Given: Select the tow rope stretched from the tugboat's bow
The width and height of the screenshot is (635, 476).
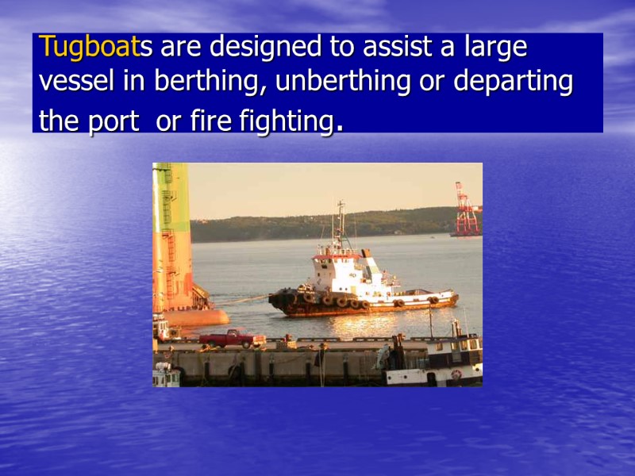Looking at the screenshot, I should (x=241, y=301).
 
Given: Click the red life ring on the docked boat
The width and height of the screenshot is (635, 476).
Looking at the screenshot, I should (x=456, y=374).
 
